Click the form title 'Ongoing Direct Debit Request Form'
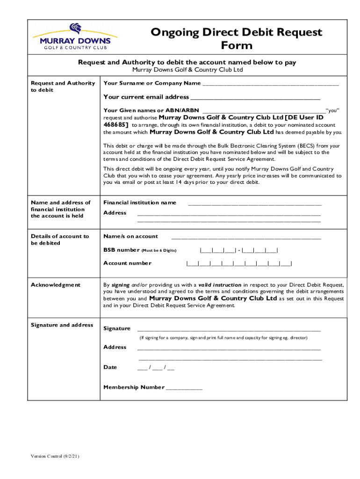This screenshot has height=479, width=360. [236, 39]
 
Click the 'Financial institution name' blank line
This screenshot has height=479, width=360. [255, 203]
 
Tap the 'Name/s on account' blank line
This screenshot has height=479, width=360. [246, 237]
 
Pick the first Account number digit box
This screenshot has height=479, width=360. [192, 263]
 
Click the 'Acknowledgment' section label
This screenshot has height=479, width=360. [56, 285]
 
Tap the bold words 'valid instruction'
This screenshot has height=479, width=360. [220, 285]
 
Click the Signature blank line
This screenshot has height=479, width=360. [229, 329]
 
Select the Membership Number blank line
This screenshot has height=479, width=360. [184, 388]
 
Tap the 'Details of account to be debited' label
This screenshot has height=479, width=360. [59, 239]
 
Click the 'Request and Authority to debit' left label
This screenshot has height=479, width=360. [63, 87]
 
